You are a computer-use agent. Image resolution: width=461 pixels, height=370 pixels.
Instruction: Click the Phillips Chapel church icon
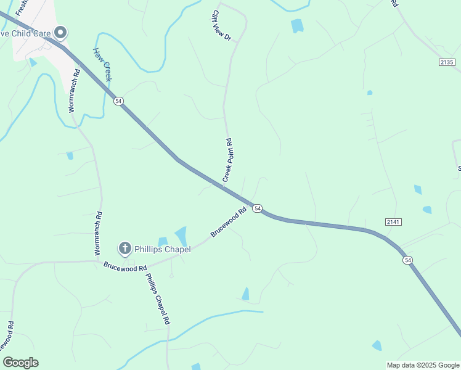124,249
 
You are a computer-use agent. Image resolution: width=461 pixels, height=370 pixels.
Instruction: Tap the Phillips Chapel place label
163,249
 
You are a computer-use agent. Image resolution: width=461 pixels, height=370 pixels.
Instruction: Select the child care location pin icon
60,32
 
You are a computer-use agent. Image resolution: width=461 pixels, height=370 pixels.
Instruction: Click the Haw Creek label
102,64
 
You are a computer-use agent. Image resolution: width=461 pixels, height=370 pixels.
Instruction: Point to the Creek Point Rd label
227,159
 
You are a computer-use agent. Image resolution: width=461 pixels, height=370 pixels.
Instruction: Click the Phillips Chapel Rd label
157,299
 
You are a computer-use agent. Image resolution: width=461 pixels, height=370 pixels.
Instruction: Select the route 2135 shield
447,62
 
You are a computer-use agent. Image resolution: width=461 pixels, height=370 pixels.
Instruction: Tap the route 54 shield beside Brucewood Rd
258,209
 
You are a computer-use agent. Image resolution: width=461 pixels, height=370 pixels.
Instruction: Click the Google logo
20,363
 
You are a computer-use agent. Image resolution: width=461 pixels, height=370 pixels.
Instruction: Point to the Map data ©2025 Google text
423,365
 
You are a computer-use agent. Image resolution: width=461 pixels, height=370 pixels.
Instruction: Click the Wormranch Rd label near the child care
73,89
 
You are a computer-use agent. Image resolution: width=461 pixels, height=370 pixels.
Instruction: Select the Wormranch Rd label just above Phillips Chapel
98,234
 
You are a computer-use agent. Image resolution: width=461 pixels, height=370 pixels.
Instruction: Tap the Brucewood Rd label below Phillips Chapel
125,268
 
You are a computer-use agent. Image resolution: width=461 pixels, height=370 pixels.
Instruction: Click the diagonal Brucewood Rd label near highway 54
228,221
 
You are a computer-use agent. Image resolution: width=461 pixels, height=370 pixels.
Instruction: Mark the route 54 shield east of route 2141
408,260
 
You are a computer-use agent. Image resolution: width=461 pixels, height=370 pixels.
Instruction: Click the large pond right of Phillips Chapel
181,236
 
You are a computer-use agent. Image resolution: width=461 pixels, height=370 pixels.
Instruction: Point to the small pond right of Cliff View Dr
297,25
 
